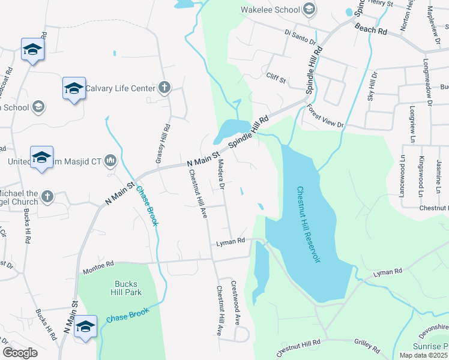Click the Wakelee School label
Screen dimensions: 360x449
click(270, 10)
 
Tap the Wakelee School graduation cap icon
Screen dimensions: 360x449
click(309, 9)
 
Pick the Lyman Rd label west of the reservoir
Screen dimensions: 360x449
click(231, 241)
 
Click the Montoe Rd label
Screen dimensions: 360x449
click(98, 264)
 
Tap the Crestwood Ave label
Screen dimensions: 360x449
click(236, 302)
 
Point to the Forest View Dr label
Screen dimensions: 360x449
click(324, 116)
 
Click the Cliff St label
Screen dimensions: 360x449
click(277, 77)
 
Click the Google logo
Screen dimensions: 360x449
click(20, 353)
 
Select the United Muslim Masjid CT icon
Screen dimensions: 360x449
click(110, 161)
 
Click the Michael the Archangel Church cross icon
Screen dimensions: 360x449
click(47, 197)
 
